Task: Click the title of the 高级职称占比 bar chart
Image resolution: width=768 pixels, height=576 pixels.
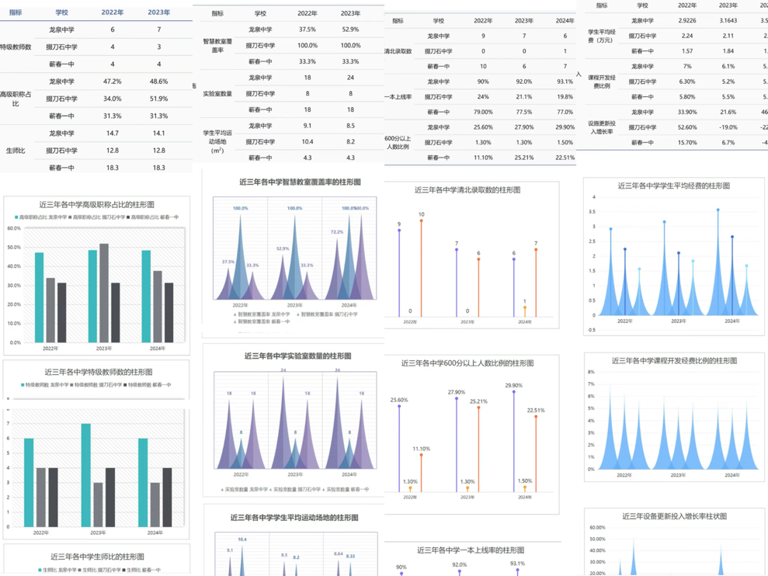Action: point(96,205)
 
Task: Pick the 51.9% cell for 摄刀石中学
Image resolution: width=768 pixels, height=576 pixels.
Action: point(158,99)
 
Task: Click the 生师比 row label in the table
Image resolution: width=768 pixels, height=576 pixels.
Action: point(16,151)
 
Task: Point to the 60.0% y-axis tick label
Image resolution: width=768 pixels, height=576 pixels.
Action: point(14,228)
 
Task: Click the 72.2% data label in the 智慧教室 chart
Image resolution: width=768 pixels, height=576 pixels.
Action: point(337,232)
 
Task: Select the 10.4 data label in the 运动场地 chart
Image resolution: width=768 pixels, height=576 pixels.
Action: point(242,540)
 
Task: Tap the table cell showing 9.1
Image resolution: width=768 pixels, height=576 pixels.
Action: point(308,125)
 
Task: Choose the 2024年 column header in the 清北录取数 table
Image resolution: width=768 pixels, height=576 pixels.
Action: point(565,21)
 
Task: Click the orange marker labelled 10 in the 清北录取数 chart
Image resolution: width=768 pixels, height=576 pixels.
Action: point(421,221)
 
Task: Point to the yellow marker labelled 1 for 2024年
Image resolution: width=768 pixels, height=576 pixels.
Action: point(524,309)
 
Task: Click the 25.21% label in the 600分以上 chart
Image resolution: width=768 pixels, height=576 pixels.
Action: point(478,401)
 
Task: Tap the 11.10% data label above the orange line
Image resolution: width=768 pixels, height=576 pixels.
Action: point(421,449)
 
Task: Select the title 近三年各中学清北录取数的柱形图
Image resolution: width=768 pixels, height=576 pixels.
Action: point(467,189)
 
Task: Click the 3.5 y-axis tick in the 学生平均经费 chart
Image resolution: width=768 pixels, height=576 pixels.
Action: point(593,210)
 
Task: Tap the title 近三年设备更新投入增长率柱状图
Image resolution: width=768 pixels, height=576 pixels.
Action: point(675,516)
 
